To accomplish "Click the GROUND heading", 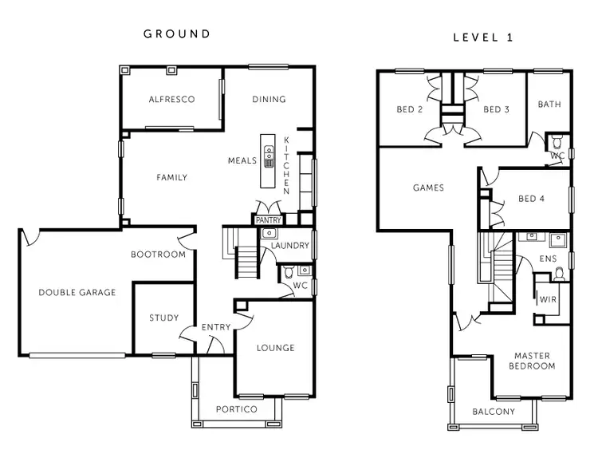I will tap(177, 34).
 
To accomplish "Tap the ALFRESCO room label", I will tap(172, 100).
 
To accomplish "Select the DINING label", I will tap(269, 100).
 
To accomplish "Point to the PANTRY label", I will tap(267, 219).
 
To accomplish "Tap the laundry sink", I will tap(269, 234).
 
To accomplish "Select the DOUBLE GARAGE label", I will tap(77, 293).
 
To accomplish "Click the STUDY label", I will tap(163, 318).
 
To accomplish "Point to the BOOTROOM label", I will tap(158, 255).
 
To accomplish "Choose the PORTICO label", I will tap(237, 409).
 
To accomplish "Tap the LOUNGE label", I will tap(275, 348).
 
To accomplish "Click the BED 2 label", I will tap(410, 110).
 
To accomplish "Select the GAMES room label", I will tap(428, 188).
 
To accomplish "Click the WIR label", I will tap(547, 300).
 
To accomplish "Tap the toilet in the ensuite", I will tap(560, 274).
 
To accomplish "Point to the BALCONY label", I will tap(494, 413).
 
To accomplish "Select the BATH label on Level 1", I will tap(549, 105).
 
